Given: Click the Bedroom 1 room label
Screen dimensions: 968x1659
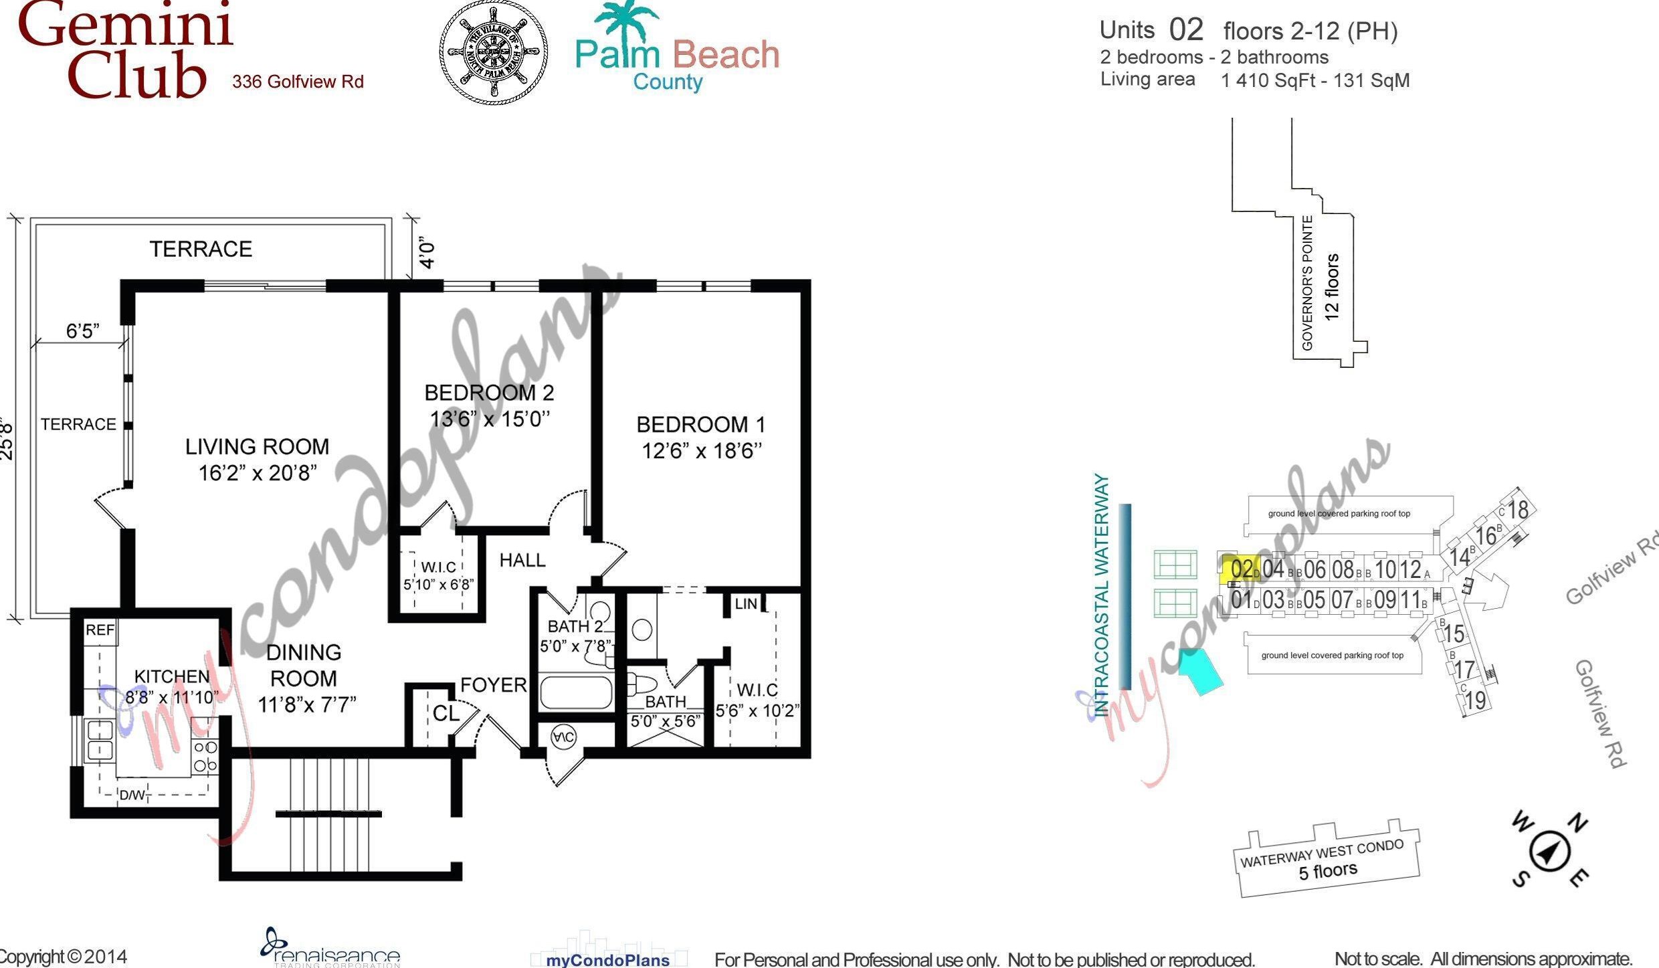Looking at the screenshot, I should pyautogui.click(x=700, y=424).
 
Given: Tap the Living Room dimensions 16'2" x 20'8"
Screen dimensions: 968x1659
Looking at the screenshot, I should pyautogui.click(x=258, y=473).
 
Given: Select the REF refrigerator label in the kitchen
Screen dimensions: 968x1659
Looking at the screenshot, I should pyautogui.click(x=100, y=630).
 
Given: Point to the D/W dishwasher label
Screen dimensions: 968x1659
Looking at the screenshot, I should pyautogui.click(x=132, y=795).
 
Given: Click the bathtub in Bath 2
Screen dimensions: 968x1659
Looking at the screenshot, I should pyautogui.click(x=576, y=693).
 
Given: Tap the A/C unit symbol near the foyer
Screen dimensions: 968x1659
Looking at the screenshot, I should pyautogui.click(x=563, y=737).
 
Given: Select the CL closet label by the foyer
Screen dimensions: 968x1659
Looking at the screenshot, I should pyautogui.click(x=446, y=713).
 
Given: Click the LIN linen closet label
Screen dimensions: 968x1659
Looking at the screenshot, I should pyautogui.click(x=745, y=603).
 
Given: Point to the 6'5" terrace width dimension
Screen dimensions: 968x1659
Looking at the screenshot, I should pyautogui.click(x=82, y=331).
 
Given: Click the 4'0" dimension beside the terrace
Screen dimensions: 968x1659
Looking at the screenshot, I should pyautogui.click(x=427, y=252).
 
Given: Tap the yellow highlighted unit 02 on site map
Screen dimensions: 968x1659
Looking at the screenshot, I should pyautogui.click(x=1241, y=569).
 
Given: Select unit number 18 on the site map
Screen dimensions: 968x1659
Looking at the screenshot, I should pyautogui.click(x=1518, y=510).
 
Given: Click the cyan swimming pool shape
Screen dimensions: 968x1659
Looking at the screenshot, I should pyautogui.click(x=1200, y=672).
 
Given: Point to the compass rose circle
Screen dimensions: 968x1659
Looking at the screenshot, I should pyautogui.click(x=1550, y=852).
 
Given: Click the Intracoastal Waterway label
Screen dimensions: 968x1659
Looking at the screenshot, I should pyautogui.click(x=1102, y=595).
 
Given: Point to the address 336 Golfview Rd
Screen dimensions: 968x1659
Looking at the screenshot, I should pyautogui.click(x=298, y=82).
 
